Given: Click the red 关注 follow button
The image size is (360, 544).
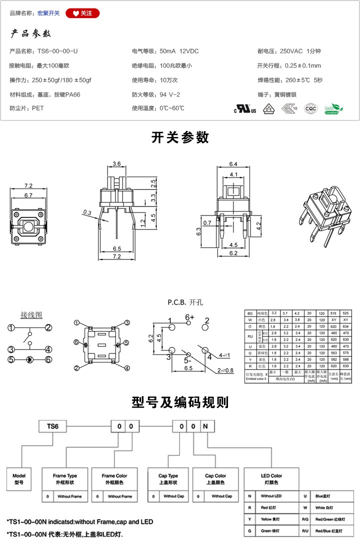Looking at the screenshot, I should (82, 13).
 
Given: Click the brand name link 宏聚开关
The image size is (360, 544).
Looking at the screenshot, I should (48, 13).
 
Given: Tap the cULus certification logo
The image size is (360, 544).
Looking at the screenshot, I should (245, 108).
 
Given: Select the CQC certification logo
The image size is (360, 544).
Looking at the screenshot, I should (310, 108).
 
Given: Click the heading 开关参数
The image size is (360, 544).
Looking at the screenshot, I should (180, 137).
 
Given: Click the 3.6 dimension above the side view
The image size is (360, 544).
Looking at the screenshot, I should (117, 164).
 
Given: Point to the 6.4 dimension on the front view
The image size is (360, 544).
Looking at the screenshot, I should (233, 164).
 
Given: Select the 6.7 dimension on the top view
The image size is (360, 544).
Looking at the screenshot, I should (28, 195).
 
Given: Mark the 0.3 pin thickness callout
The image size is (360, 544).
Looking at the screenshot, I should (87, 212).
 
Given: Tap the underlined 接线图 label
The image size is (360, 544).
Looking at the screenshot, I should (31, 315).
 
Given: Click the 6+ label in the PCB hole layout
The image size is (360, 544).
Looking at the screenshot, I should (189, 317).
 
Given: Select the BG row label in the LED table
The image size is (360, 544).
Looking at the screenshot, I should (249, 312).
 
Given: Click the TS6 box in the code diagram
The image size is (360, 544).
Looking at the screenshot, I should (52, 426).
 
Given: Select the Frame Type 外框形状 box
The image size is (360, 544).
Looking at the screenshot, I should (65, 478).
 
